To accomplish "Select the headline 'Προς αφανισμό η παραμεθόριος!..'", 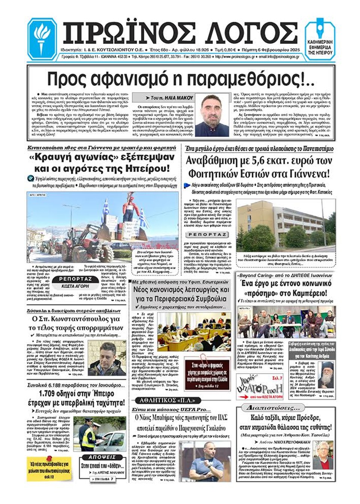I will pyautogui.click(x=181, y=79).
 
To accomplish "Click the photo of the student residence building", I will pyautogui.click(x=286, y=225).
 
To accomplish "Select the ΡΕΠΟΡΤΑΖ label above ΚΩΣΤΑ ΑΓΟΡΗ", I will pyautogui.click(x=75, y=279).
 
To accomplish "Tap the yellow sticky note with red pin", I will pyautogui.click(x=49, y=468).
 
